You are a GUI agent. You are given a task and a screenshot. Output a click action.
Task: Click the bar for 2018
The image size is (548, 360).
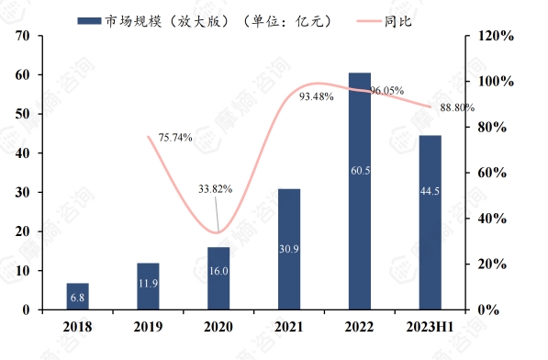tap(78, 297)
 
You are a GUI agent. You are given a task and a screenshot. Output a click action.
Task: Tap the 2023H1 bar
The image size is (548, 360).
tap(431, 222)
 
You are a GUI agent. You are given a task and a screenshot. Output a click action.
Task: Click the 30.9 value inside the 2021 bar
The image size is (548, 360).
tap(289, 249)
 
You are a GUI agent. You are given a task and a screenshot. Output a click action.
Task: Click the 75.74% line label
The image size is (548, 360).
tap(175, 138)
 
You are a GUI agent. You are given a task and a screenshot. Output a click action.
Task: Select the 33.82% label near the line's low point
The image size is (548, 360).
tap(215, 189)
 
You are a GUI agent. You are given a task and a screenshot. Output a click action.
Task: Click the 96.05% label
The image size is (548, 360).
tap(388, 91)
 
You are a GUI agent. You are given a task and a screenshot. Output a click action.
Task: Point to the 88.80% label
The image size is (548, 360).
tap(458, 107)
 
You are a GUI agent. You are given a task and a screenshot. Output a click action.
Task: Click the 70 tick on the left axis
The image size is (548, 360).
tap(23, 36)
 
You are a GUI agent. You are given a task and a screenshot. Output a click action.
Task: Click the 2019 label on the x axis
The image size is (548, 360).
tap(148, 326)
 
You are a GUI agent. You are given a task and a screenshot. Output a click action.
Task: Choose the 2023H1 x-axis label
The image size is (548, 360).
tap(431, 326)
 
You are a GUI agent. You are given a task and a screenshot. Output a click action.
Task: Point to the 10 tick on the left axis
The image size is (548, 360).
tap(23, 271)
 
